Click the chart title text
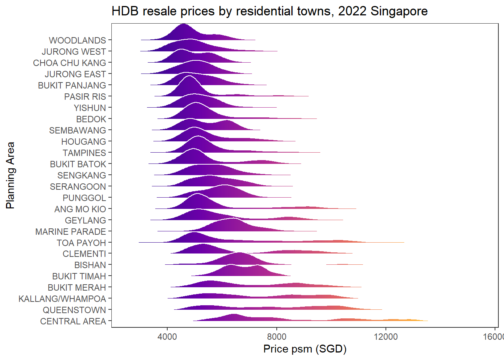click(269, 11)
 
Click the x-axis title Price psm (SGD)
click(304, 349)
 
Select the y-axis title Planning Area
click(10, 175)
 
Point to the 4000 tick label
click(167, 336)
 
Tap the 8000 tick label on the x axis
click(276, 336)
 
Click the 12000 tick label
click(385, 336)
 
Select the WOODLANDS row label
click(77, 40)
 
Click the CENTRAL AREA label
click(73, 321)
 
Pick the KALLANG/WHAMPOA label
click(62, 299)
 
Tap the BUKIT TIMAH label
click(79, 276)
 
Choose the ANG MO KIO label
click(80, 209)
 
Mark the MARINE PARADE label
click(70, 232)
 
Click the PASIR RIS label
click(85, 97)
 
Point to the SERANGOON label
click(78, 187)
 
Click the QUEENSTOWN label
click(74, 310)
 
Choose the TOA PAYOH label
click(81, 243)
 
